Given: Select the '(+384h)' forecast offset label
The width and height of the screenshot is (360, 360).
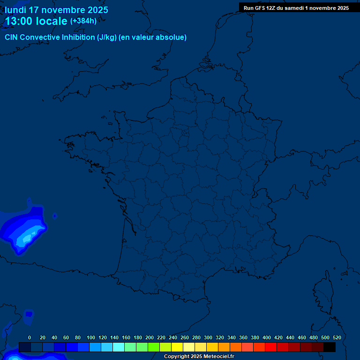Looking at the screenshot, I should point(83,21).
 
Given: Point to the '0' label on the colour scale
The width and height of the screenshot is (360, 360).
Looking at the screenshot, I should point(30,337).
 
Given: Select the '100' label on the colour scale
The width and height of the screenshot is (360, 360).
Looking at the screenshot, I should point(91,337).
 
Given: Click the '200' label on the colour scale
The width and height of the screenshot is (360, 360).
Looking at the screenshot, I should point(150,337).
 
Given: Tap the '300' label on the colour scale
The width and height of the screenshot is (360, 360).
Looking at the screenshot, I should point(208,337).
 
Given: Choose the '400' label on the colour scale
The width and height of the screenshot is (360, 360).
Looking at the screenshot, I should point(267,337).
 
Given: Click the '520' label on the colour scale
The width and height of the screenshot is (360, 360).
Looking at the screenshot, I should point(337,337).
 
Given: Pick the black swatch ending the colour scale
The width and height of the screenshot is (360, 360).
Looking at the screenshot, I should point(330,347).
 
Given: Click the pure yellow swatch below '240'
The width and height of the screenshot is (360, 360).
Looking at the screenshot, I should point(177,347).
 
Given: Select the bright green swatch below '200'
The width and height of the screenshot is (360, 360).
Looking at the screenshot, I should point(154,347).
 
